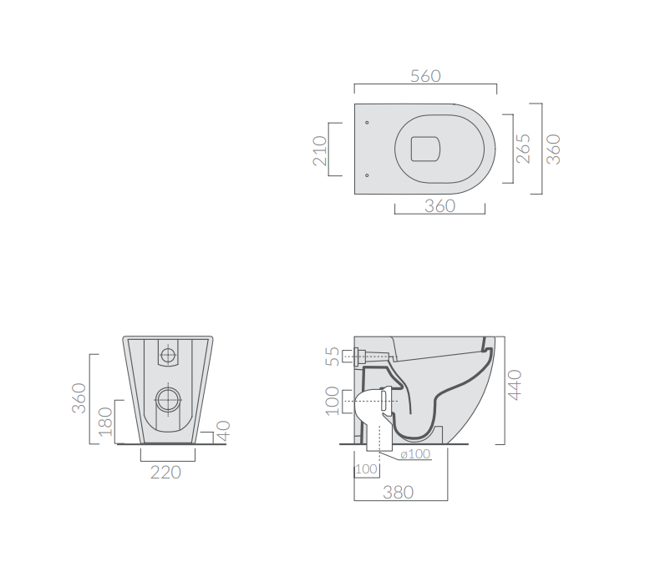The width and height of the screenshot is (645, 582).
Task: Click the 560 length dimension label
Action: (x=425, y=76)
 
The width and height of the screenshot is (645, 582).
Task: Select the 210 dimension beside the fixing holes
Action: (x=320, y=151)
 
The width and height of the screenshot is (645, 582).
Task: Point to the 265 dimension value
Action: (x=523, y=149)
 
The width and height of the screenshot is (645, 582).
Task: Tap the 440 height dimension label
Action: (x=514, y=385)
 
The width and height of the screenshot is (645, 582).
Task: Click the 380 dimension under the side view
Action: (x=398, y=492)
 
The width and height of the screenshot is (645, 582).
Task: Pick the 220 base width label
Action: (x=165, y=473)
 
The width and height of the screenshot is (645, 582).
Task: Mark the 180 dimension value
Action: (x=105, y=422)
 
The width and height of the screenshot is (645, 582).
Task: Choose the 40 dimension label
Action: (x=223, y=430)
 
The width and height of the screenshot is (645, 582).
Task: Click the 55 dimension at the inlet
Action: (x=333, y=357)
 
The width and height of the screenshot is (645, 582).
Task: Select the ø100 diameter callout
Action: (x=415, y=454)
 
